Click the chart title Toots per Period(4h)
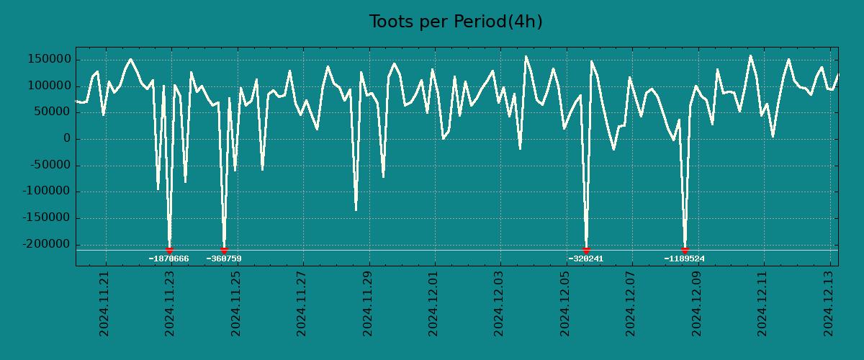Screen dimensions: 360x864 point(456,22)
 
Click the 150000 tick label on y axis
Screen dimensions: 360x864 point(50,59)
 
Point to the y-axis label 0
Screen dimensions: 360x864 point(67,139)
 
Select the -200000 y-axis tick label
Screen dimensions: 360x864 point(48,245)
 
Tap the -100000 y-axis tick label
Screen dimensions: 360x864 point(48,192)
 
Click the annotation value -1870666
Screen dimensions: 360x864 point(169,258)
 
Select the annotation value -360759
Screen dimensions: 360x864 point(224,258)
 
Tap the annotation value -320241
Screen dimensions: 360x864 point(586,258)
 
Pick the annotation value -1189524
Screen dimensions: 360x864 point(685,258)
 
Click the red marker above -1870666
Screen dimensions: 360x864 point(169,250)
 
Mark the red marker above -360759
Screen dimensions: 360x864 point(224,250)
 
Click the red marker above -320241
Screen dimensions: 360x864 point(586,250)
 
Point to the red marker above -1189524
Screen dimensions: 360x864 point(685,250)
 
